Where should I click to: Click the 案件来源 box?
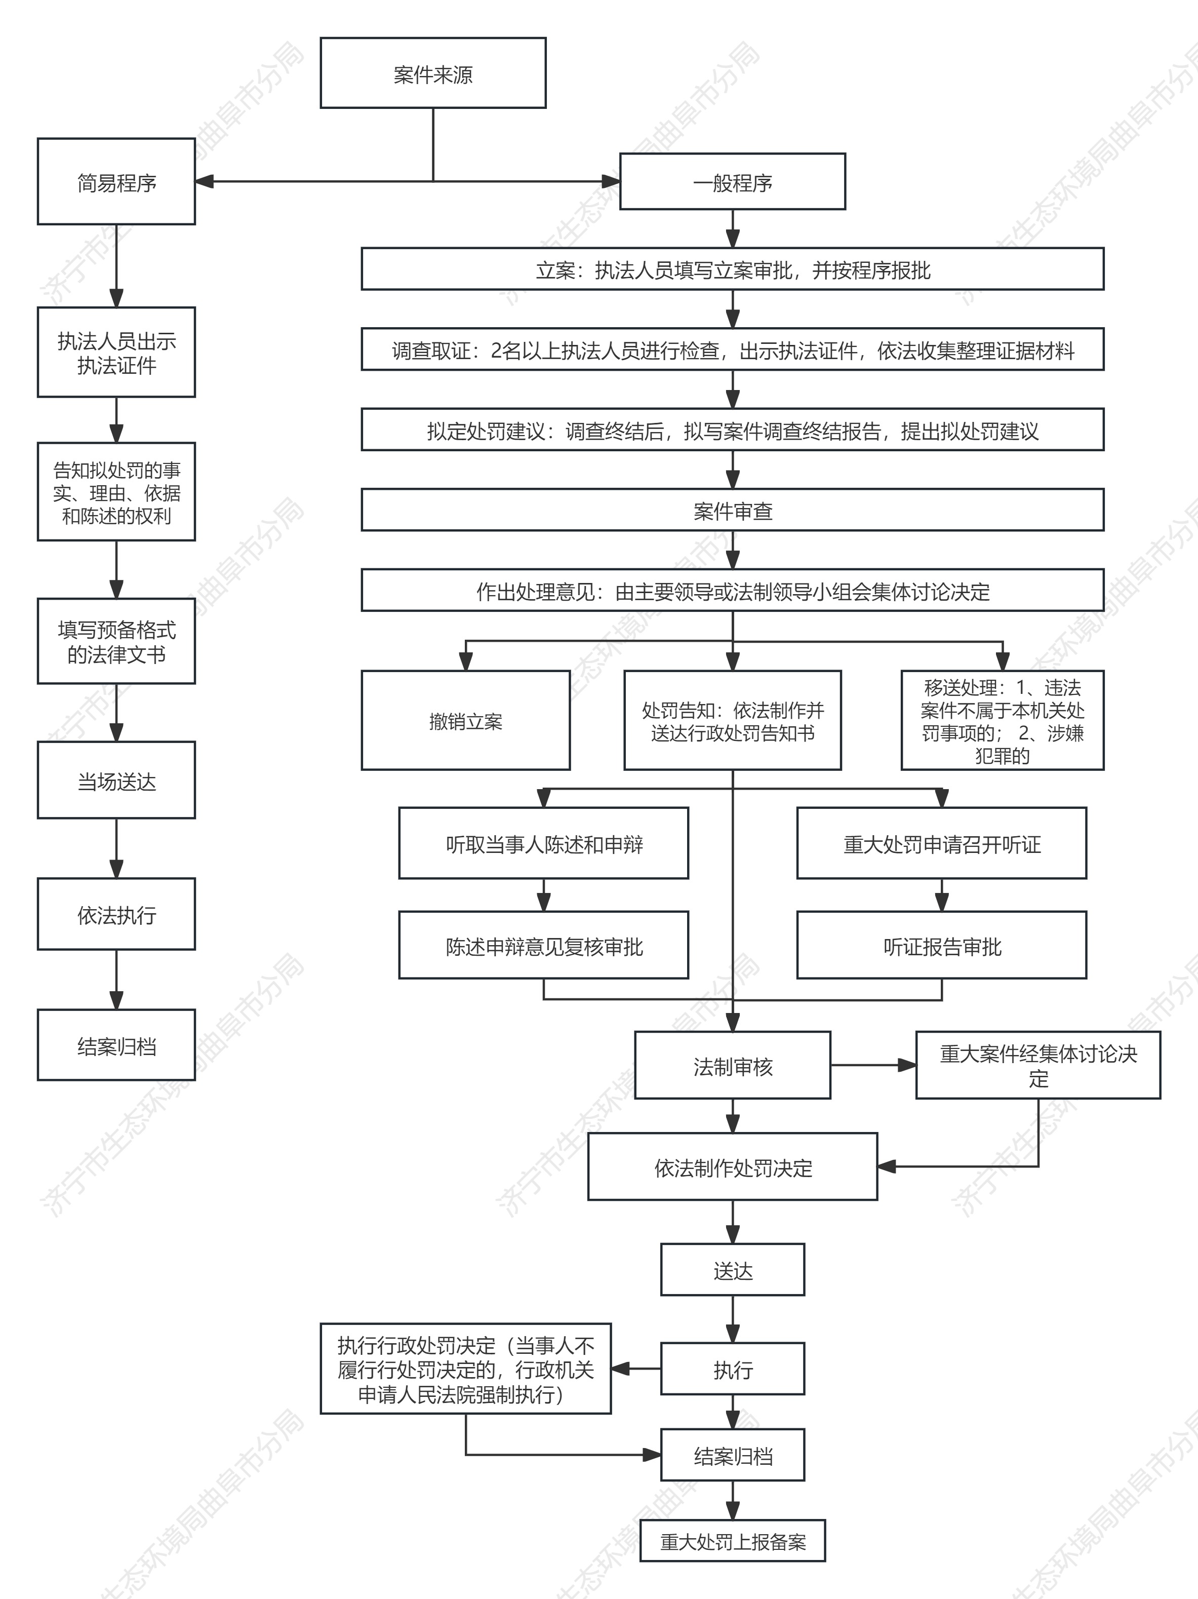coord(433,73)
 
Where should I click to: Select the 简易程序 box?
coord(116,181)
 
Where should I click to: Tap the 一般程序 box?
coord(732,181)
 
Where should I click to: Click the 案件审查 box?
coord(732,511)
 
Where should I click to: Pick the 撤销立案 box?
coord(465,721)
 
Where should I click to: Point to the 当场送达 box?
coord(116,780)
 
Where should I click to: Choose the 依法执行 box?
coord(116,914)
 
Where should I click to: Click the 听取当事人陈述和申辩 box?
coord(543,843)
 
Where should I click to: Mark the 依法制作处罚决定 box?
coord(732,1167)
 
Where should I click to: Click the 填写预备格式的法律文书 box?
coord(116,641)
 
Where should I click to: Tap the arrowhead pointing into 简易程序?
coord(204,181)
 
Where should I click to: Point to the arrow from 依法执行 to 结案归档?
coord(116,980)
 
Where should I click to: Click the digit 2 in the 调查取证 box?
coord(496,350)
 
